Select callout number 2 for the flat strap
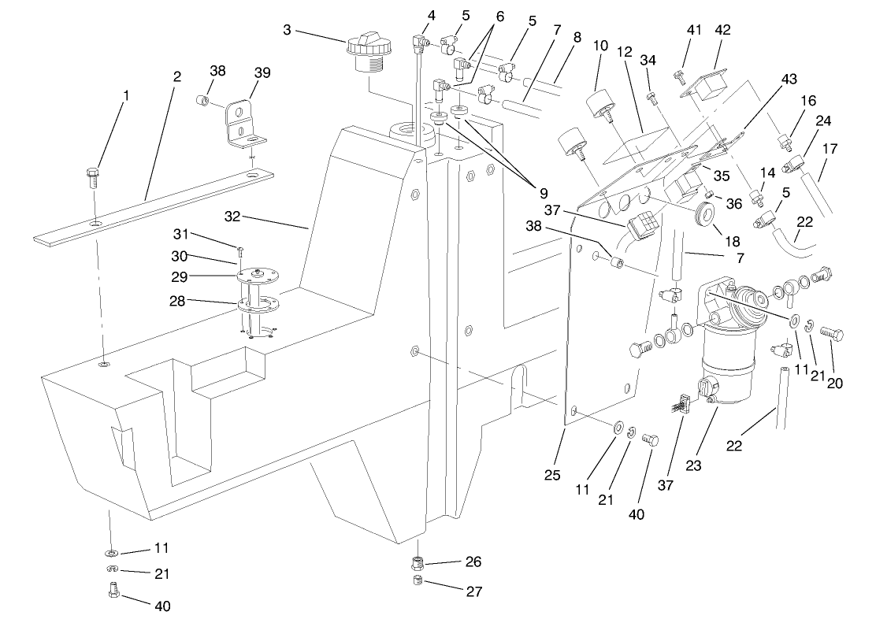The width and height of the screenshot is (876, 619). pos(177,76)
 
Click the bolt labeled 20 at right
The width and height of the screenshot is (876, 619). pos(831,335)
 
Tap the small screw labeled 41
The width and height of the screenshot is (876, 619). pos(677,76)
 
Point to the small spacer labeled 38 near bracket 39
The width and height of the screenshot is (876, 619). pos(202,101)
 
